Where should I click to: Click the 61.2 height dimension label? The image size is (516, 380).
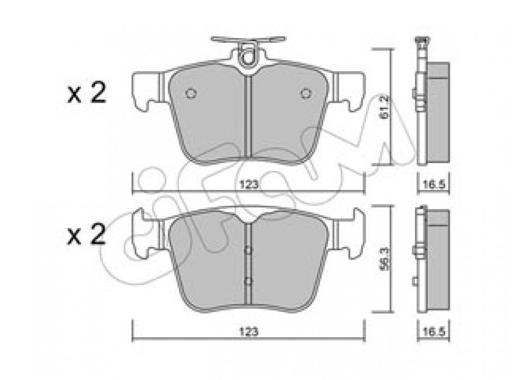[x=385, y=107]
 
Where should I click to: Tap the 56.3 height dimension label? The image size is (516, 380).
[x=385, y=259]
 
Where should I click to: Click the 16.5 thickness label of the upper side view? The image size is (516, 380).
[x=434, y=185]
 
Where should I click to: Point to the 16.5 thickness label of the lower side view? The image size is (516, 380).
[x=434, y=332]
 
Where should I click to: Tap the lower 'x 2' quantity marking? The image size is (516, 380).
[x=87, y=235]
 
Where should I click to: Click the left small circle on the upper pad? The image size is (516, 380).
[x=191, y=93]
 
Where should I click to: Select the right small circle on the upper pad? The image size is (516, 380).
[x=306, y=93]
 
